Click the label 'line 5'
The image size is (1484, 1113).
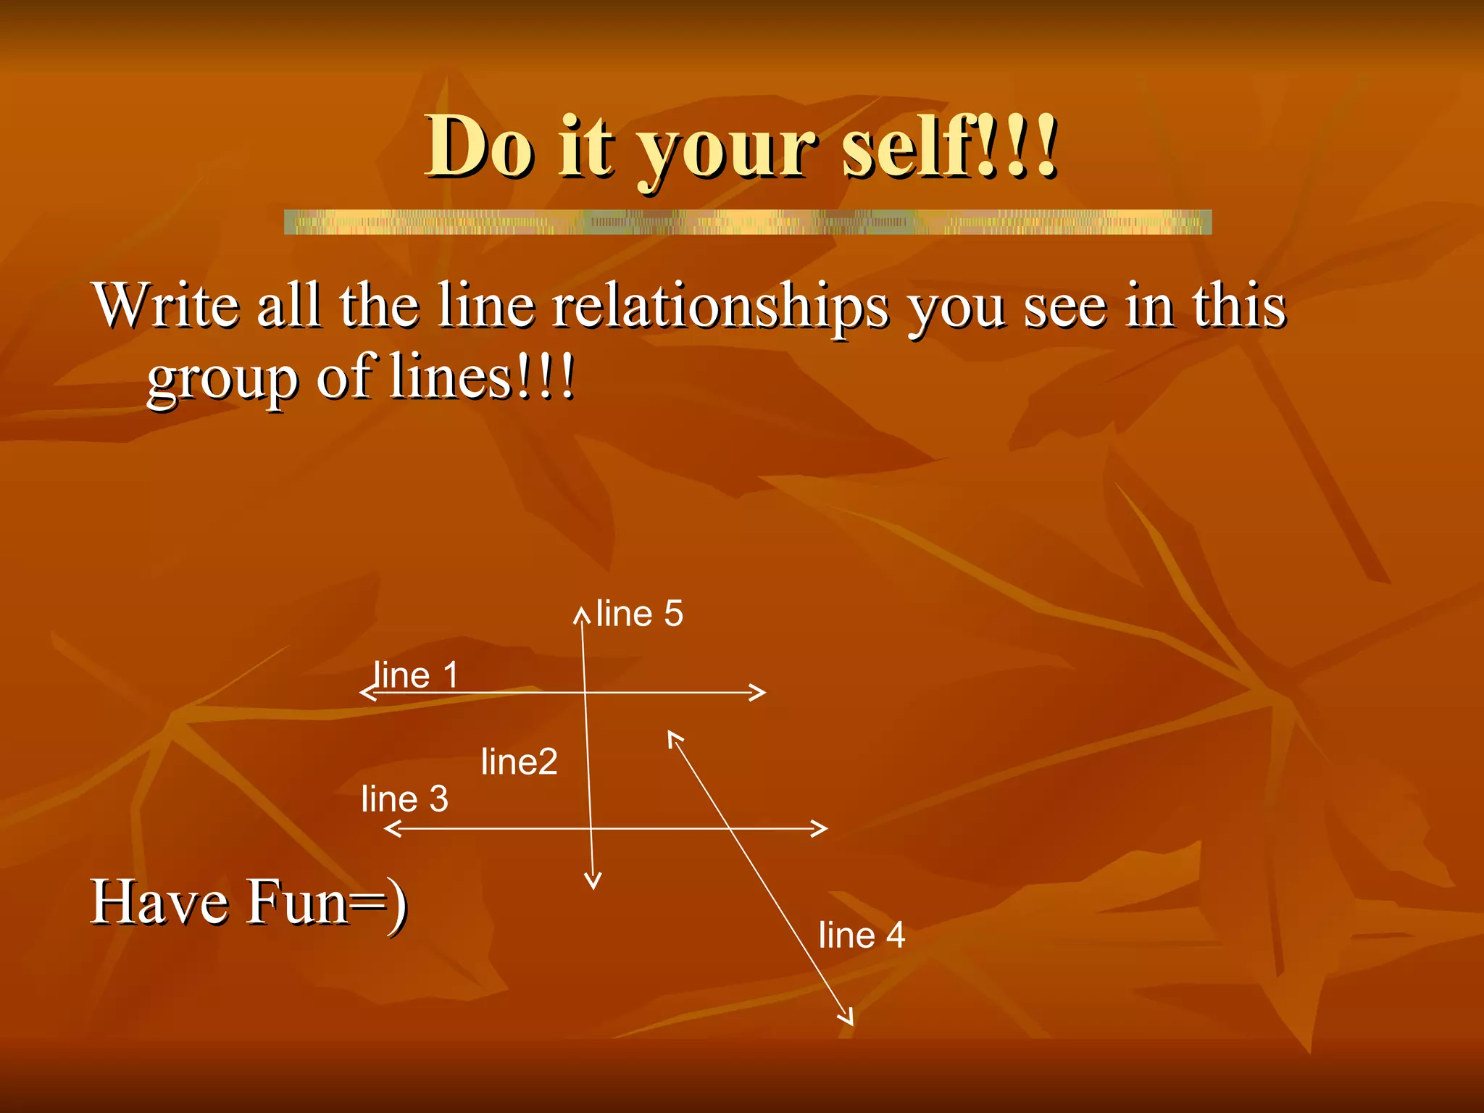[x=639, y=614]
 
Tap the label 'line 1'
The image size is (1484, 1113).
[x=415, y=675]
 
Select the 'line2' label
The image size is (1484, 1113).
[x=519, y=762]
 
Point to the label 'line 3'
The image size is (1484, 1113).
[x=404, y=799]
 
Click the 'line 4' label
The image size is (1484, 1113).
[x=862, y=935]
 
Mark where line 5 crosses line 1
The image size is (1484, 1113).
[x=584, y=692]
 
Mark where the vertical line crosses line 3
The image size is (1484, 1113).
[x=591, y=828]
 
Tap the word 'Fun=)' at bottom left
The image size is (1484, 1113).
[x=326, y=902]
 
